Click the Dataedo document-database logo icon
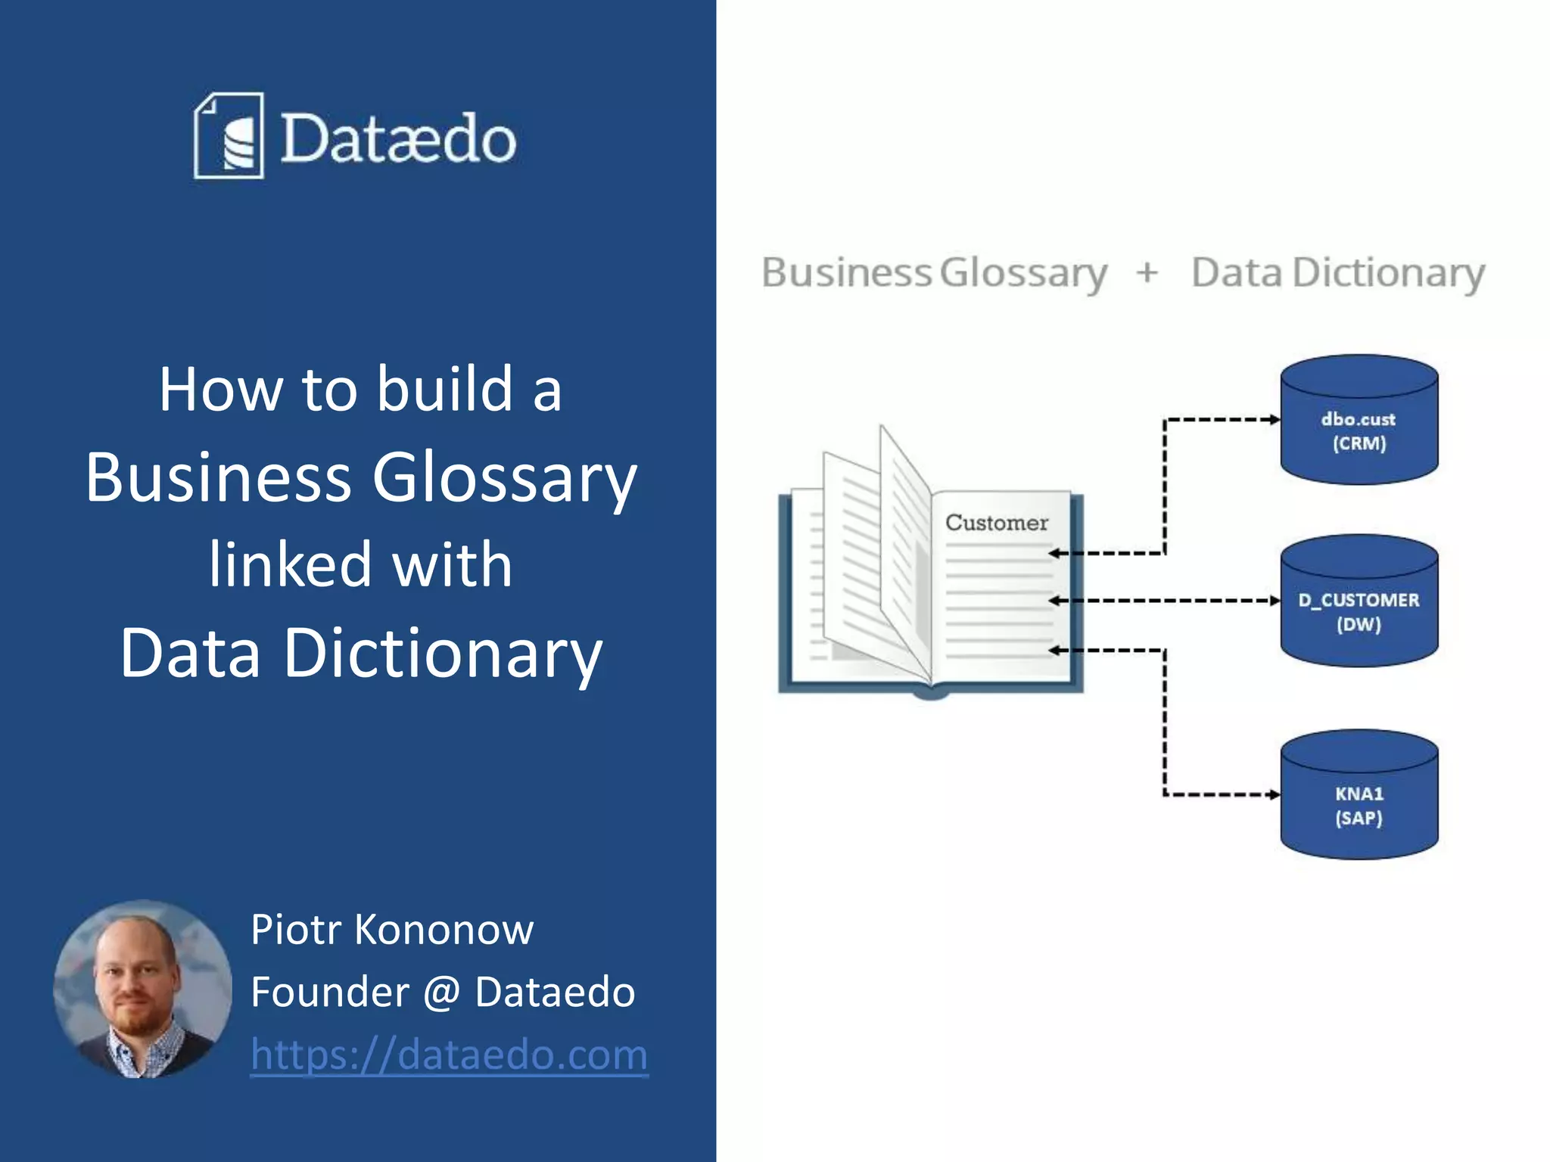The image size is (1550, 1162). [229, 136]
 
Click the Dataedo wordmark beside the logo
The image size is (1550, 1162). [398, 138]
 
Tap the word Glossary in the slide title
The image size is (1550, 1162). [505, 478]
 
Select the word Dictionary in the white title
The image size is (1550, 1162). [443, 653]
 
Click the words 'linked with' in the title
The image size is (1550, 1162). [361, 565]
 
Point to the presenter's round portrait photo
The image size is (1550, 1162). [142, 988]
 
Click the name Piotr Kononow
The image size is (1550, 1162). [392, 929]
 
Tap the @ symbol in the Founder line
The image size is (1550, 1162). [442, 992]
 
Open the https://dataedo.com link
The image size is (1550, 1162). [449, 1055]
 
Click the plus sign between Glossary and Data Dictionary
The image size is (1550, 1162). [1147, 272]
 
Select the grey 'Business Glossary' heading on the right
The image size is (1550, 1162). [934, 272]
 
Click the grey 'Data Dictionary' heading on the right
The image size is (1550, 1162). [1337, 272]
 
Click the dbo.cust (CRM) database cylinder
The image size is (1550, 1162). [1359, 421]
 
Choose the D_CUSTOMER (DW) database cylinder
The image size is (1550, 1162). [1359, 602]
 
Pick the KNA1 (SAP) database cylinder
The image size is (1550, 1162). [1359, 796]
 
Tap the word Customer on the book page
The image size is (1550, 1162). [997, 523]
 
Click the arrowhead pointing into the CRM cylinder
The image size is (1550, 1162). [1275, 419]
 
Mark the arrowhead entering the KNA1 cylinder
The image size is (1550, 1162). [1275, 794]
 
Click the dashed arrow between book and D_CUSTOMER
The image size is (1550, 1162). [1166, 601]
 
